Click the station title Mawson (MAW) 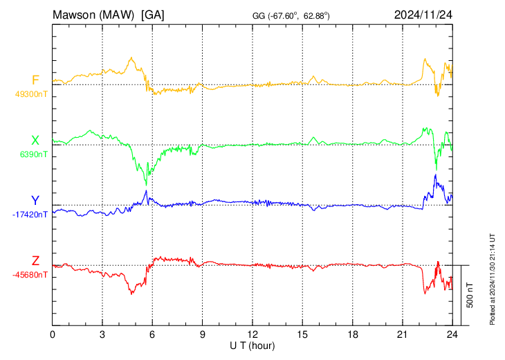point(93,15)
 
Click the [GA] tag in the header point(153,15)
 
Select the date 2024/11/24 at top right point(423,15)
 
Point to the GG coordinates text point(291,16)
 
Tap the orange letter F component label point(35,80)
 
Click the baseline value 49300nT point(31,94)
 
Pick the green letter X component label point(35,141)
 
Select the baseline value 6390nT point(33,154)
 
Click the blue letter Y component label point(35,201)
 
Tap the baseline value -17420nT point(30,215)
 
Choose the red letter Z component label point(35,261)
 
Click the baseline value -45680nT point(30,275)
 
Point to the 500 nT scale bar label point(470,295)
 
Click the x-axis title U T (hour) point(252,346)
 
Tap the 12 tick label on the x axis point(252,334)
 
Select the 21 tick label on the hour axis point(403,334)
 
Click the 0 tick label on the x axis point(53,334)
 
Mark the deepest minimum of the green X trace point(146,185)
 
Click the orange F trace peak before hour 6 point(131,57)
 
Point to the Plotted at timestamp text point(492,279)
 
